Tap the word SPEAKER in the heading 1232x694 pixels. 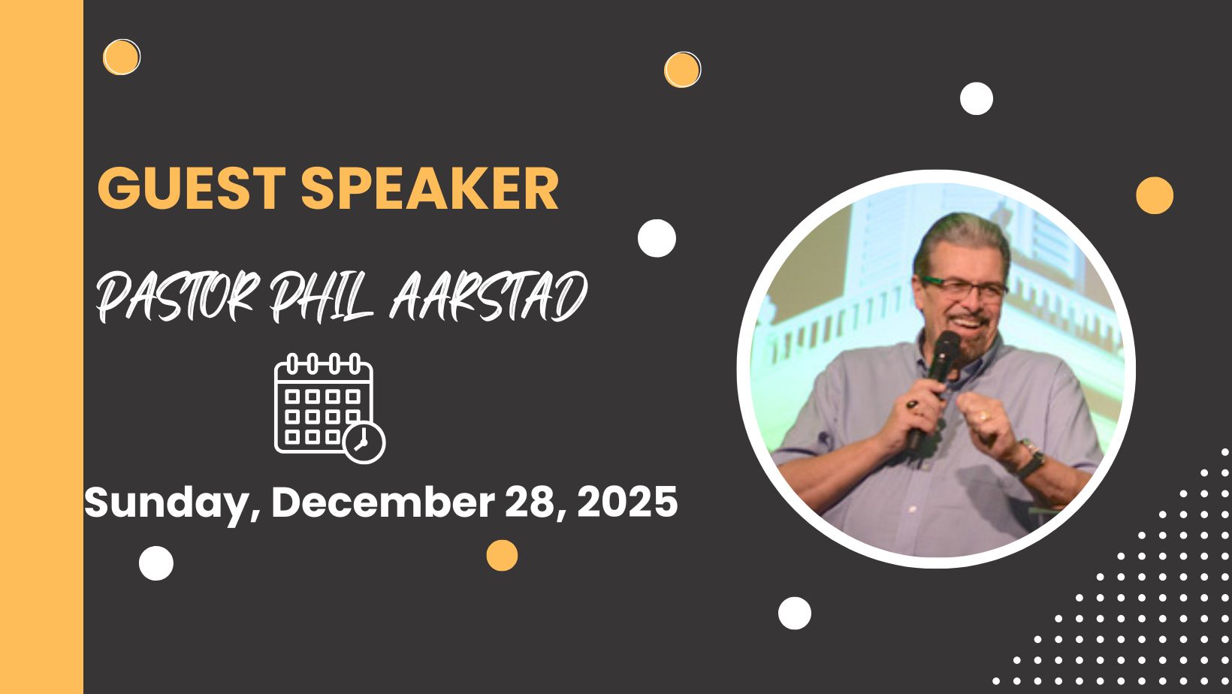[430, 188]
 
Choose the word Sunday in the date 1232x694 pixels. [171, 504]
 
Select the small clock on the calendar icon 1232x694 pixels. [364, 442]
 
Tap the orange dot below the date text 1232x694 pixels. [502, 555]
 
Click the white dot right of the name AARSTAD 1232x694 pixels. [657, 238]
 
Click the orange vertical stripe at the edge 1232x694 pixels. [42, 347]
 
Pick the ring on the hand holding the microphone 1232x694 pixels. [913, 405]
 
